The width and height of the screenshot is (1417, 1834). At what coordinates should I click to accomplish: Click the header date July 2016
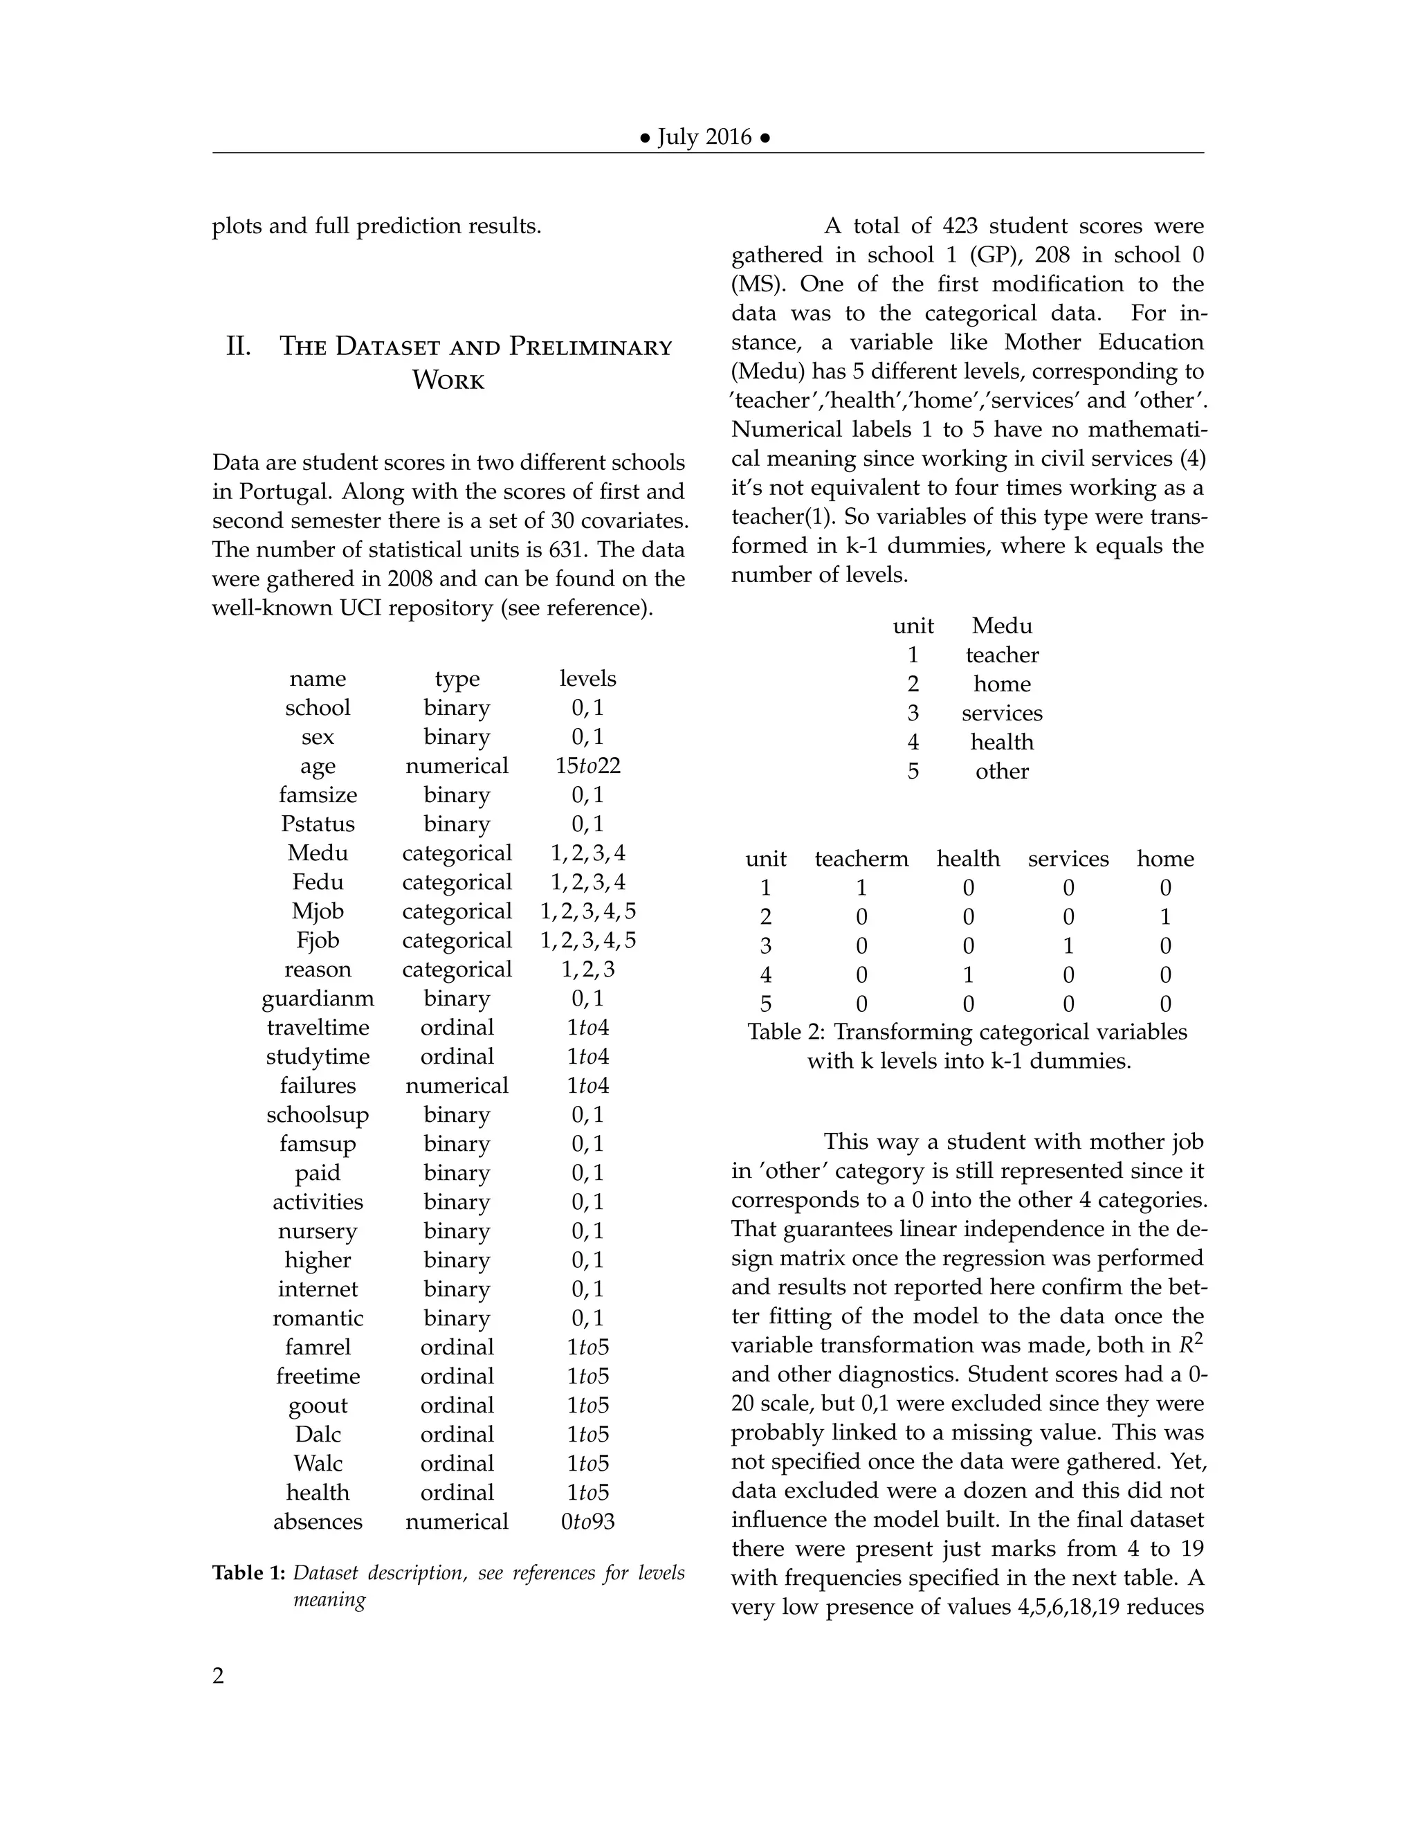tap(704, 137)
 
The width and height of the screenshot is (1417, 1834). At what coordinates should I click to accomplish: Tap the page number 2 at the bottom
tap(218, 1676)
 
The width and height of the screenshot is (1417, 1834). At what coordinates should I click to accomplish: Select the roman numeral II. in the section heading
tap(239, 346)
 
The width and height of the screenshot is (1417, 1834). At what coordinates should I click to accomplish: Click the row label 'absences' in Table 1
tap(318, 1522)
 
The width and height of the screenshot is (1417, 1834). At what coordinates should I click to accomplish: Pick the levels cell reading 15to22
tap(587, 766)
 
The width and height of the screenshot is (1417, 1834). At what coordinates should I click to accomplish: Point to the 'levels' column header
tap(587, 678)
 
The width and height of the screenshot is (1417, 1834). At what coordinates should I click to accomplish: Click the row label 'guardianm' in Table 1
tap(318, 999)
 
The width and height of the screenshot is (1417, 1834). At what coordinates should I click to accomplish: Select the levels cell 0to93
tap(587, 1522)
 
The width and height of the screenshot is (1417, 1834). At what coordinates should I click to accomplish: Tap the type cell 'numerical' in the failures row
tap(457, 1086)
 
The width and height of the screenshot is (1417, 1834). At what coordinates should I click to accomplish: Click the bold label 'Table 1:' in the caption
tap(248, 1573)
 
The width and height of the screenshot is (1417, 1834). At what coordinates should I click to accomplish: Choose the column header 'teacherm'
tap(861, 859)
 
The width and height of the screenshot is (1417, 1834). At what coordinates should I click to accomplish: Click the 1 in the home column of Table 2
tap(1165, 917)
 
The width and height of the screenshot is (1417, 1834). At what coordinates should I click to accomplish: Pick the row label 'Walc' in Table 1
tap(318, 1464)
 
